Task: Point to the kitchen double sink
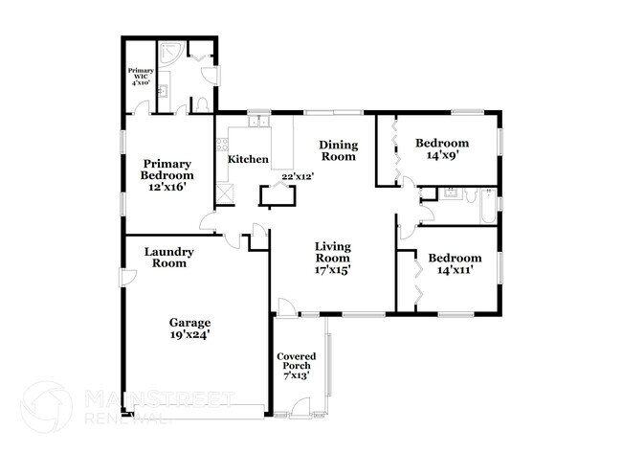[x=257, y=123]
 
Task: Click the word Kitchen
[x=248, y=159]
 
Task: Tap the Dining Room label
[x=338, y=150]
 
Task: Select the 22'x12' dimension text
[x=298, y=176]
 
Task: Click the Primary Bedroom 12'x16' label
[x=167, y=175]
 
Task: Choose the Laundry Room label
[x=169, y=258]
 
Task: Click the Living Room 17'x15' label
[x=332, y=258]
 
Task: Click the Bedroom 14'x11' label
[x=454, y=264]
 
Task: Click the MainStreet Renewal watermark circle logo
[x=46, y=406]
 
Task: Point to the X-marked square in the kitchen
[x=227, y=193]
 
